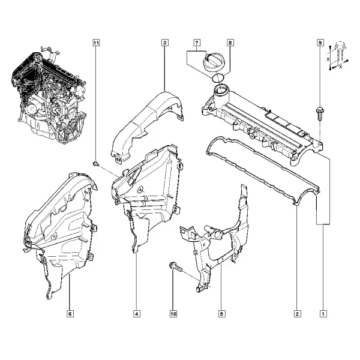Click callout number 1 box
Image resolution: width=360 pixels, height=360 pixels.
point(323,314)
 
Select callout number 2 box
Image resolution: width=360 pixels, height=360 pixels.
point(298,314)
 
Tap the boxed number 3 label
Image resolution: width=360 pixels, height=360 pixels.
point(165,43)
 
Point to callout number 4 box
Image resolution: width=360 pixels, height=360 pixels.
point(137,314)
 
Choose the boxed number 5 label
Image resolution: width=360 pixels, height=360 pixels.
point(222,314)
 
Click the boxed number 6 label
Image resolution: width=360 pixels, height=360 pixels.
point(70,314)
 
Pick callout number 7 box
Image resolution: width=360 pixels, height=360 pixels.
point(197,43)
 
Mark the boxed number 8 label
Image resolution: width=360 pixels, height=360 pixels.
point(230,43)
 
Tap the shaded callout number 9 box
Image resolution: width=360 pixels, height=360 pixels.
point(320,43)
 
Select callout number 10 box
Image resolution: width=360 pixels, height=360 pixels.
point(173,314)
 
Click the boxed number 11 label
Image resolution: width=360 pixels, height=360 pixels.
point(96,43)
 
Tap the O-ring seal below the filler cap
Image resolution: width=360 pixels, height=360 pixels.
point(218,78)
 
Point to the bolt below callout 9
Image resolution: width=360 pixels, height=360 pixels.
point(319,113)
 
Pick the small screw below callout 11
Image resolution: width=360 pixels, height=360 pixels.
point(96,164)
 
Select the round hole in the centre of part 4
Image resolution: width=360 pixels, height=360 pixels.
point(139,190)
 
